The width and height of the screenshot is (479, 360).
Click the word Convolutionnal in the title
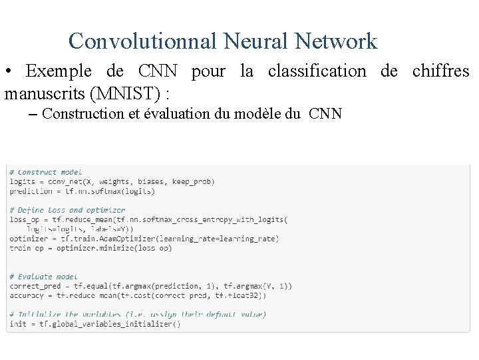coord(142,41)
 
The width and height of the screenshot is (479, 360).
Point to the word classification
coord(317,71)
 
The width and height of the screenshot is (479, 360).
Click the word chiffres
coord(440,71)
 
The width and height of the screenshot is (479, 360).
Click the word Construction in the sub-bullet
coord(82,113)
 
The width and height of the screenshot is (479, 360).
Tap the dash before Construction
coord(33,114)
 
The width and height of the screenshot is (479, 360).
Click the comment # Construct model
coord(45,172)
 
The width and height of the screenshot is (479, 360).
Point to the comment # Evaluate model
coord(43,276)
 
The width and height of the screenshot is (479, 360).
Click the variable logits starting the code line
coord(22,181)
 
